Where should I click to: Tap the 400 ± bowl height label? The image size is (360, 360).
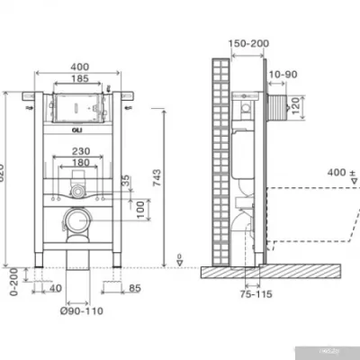tap(337, 171)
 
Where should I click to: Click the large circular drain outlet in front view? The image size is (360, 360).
tap(77, 219)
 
